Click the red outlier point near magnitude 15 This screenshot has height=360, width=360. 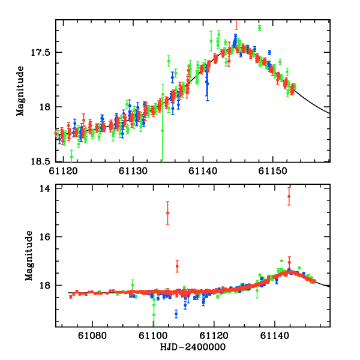click(167, 213)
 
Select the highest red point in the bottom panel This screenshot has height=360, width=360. click(289, 196)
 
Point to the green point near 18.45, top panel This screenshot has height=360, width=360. click(71, 157)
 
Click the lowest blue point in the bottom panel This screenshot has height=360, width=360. click(176, 313)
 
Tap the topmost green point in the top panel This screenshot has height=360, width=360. click(259, 28)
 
